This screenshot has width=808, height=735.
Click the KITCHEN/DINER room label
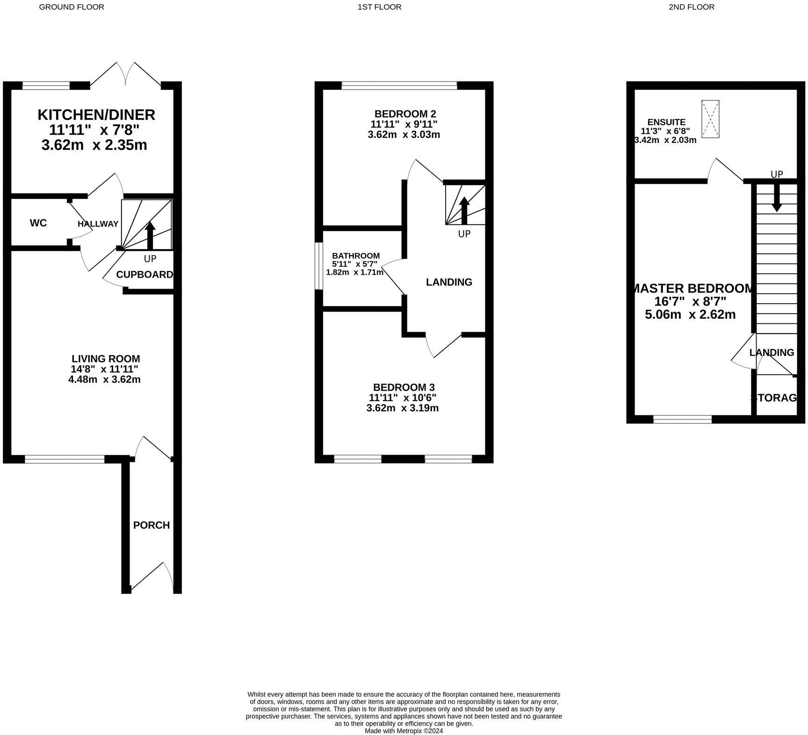(96, 114)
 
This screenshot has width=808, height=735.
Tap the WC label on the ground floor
(38, 223)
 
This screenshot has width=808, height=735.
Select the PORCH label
(151, 525)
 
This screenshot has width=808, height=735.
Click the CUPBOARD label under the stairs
(144, 275)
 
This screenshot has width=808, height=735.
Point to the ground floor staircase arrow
(150, 235)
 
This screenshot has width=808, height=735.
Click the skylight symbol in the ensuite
(710, 119)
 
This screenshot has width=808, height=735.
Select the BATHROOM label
(356, 256)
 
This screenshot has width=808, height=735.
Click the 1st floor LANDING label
(449, 282)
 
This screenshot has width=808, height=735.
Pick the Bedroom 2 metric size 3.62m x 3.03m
(404, 135)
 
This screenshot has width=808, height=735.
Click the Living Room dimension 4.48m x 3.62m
(104, 379)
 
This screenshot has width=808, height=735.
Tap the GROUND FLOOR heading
(71, 7)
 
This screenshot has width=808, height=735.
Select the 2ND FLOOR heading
(691, 7)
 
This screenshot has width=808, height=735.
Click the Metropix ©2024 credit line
(404, 731)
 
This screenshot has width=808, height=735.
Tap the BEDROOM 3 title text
(404, 387)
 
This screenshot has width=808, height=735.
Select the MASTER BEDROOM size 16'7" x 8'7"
(690, 301)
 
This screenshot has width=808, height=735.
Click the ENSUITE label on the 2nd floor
(666, 122)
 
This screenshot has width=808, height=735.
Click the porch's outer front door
(152, 578)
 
